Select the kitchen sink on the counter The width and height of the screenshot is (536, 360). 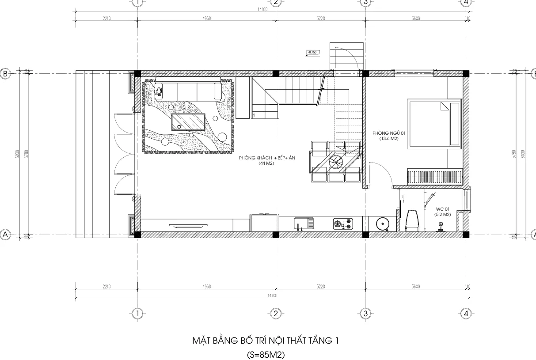point(304,224)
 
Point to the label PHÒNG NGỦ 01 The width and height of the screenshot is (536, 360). point(389,133)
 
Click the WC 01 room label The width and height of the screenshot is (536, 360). point(443,209)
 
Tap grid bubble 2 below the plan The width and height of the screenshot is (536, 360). point(275,314)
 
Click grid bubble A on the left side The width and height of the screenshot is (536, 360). point(5,235)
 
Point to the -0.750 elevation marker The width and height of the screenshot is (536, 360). point(312,53)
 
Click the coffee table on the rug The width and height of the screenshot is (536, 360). point(189,122)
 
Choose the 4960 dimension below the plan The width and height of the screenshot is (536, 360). point(206,287)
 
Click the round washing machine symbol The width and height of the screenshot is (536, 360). point(382,224)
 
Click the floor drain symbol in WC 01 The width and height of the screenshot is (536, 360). point(440,227)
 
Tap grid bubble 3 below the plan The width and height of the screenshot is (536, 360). point(365,314)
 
